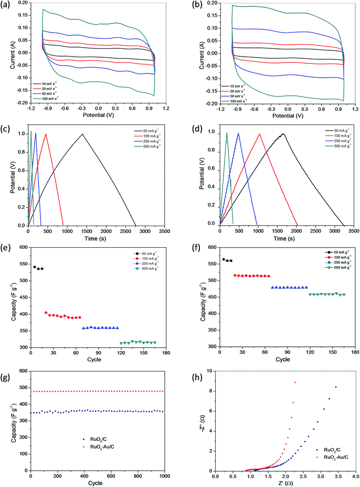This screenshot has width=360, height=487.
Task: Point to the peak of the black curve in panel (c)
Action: pos(82,134)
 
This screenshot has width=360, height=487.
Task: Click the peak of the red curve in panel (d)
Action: pos(259,134)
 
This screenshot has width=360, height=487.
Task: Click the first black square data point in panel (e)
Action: pos(35,267)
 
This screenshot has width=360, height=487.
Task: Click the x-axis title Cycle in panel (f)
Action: pos(282,359)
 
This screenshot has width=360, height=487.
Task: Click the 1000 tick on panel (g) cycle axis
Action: pos(164,478)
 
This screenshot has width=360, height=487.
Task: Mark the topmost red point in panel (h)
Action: pos(295,383)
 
